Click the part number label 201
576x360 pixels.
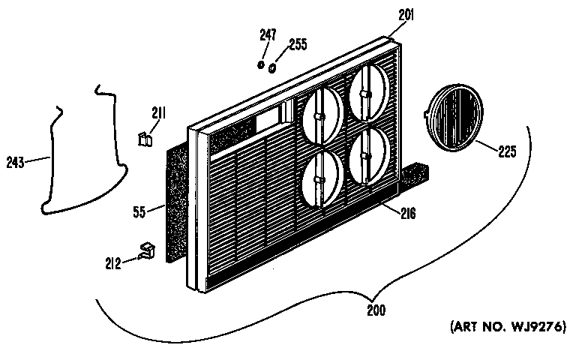pos(406,15)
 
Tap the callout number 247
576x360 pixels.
pos(268,35)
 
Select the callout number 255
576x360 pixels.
pos(298,44)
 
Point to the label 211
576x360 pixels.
pos(159,113)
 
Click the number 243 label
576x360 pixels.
pos(16,162)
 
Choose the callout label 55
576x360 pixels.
pos(139,212)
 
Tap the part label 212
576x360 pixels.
pos(112,263)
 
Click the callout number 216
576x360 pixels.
pos(408,213)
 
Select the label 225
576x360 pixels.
pos(507,151)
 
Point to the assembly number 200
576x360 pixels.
pos(376,310)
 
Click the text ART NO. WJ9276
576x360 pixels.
pos(508,326)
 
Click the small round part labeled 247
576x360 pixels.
pos(260,64)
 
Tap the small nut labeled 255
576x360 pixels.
pos(272,68)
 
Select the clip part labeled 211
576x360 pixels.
pos(145,139)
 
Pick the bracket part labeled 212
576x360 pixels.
pos(146,250)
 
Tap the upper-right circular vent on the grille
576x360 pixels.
pos(368,93)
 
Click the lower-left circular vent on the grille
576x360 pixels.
pos(323,178)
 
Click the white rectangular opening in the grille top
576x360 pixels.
pos(268,119)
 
